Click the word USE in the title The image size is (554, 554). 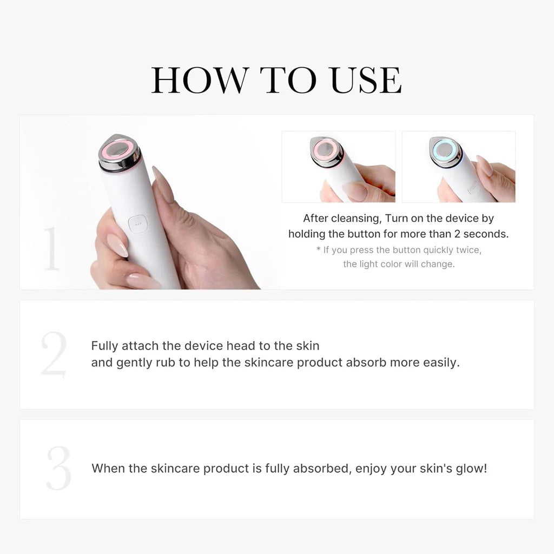point(366,81)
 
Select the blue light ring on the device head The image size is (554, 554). point(446,147)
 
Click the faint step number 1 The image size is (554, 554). point(51,248)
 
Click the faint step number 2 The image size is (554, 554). point(54,354)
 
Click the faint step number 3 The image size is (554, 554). point(58,469)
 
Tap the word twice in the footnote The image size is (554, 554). point(468,250)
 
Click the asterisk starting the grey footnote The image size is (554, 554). point(319,250)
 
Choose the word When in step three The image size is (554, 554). point(108,468)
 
